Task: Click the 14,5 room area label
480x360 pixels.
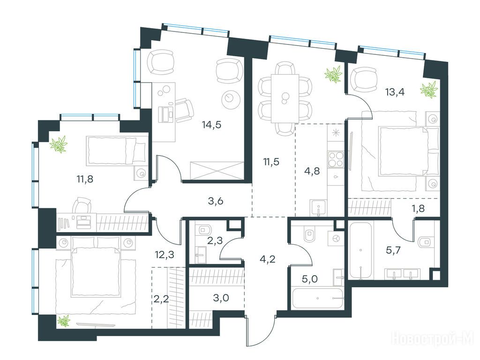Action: click(211, 125)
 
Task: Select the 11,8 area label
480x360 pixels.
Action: click(85, 179)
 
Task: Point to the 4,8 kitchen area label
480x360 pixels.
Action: click(312, 171)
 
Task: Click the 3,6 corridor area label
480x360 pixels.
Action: click(216, 201)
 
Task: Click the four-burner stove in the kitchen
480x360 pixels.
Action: click(336, 159)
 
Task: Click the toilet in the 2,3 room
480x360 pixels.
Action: click(203, 229)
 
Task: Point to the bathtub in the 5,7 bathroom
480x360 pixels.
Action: click(360, 251)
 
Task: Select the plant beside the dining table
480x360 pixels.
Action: click(333, 75)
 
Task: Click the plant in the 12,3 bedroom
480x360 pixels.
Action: click(64, 321)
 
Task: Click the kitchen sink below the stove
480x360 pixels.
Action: click(318, 208)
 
